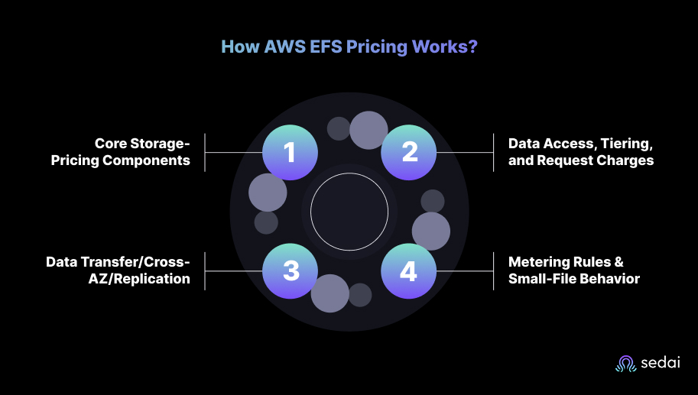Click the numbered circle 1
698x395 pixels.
coord(290,152)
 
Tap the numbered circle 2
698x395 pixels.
coord(409,152)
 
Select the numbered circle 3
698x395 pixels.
coord(290,271)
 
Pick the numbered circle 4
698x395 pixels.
coord(409,271)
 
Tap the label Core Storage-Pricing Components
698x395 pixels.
coord(142,152)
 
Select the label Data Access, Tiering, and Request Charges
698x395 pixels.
coord(581,152)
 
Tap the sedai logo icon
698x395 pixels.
coord(626,364)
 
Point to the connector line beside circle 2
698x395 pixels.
coord(465,152)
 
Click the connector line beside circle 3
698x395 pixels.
coord(233,271)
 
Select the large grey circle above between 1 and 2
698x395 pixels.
coord(368,130)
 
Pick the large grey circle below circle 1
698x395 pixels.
coord(268,193)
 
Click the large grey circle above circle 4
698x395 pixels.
coord(431,231)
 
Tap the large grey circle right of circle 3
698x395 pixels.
coord(330,293)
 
